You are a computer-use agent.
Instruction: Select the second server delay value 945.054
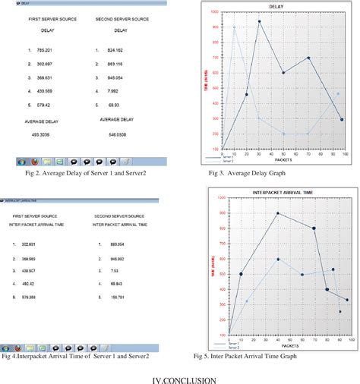(x=115, y=77)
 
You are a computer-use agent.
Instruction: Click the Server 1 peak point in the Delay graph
(x=259, y=21)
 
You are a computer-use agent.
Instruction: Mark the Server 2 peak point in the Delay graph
(x=234, y=27)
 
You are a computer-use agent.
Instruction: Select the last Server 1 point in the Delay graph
(x=342, y=119)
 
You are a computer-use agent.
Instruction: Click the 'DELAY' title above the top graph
(x=278, y=7)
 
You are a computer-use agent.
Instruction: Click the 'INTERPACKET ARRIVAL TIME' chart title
(x=283, y=190)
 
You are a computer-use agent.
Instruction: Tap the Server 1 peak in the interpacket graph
(x=278, y=213)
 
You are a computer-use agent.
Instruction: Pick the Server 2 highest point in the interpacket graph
(x=278, y=259)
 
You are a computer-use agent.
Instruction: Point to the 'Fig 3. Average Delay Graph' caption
(x=257, y=174)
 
